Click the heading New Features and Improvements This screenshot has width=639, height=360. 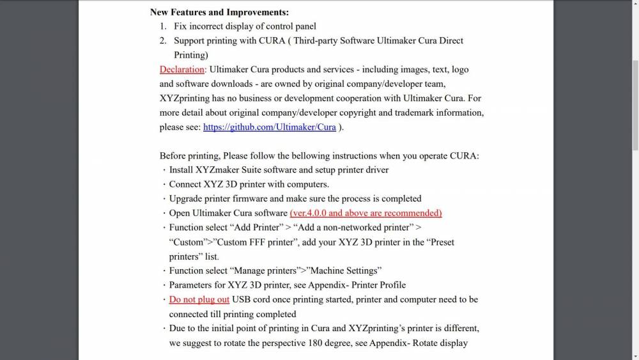[x=219, y=12]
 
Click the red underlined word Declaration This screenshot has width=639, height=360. [x=181, y=69]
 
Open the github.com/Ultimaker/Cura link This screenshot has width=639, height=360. [x=269, y=127]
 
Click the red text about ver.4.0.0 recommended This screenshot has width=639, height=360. [x=366, y=213]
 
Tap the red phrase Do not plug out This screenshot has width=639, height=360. [x=199, y=299]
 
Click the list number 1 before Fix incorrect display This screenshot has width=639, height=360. [x=163, y=26]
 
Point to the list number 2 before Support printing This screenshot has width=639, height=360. [x=163, y=40]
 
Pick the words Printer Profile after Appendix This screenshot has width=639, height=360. [x=379, y=285]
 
